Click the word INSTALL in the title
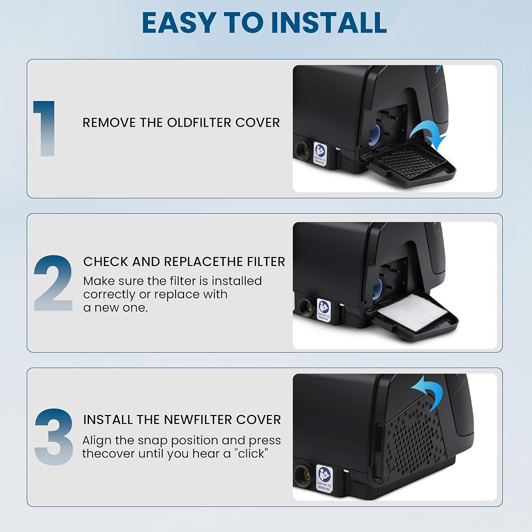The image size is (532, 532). tap(329, 22)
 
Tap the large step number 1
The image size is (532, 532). tap(45, 129)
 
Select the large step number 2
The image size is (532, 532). tap(53, 283)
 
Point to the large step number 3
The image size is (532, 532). tap(54, 437)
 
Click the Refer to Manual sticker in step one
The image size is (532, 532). tap(320, 154)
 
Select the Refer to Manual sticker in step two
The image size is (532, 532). tap(323, 310)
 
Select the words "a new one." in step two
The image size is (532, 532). tap(115, 307)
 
